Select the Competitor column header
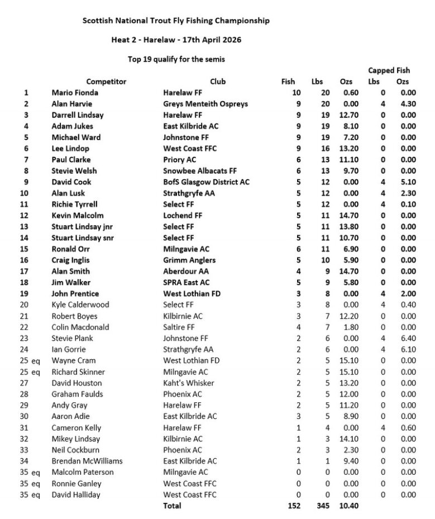(106, 82)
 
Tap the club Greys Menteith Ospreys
(205, 104)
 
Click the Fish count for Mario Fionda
(296, 93)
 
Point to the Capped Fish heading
(389, 70)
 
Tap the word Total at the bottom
(172, 506)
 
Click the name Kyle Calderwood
(80, 305)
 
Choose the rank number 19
(26, 294)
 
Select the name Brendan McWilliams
(87, 461)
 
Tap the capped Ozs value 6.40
(408, 339)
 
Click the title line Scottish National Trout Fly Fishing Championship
(176, 21)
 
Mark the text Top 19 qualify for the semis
(176, 58)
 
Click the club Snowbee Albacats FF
(200, 171)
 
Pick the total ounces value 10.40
(349, 506)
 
